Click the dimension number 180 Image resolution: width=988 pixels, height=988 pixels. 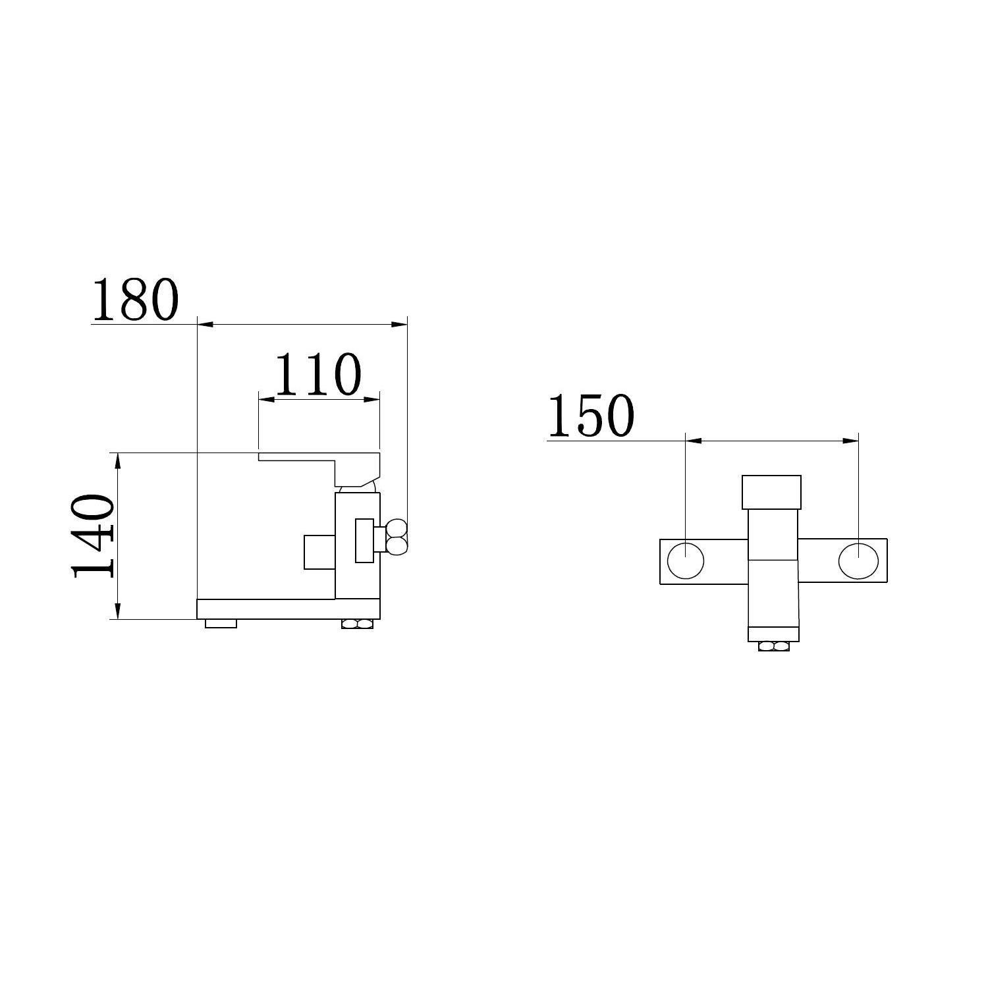coord(135,300)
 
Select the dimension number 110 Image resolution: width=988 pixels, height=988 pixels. coord(317,373)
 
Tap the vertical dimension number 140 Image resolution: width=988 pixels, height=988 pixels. coord(93,537)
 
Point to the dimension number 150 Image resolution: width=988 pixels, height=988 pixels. coord(591,416)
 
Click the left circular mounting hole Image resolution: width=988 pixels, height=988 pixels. coord(686,561)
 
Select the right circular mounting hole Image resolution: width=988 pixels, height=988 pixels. coord(858,561)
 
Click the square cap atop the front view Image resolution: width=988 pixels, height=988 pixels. coord(771,492)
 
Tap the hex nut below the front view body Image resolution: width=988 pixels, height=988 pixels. coord(773,646)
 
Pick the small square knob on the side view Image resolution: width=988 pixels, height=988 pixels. coord(319,552)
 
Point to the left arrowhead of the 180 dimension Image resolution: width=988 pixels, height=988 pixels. coord(205,324)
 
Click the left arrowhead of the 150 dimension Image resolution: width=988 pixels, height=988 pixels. coord(694,441)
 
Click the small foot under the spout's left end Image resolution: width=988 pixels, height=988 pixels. coord(221,623)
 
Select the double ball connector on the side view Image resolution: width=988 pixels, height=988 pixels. coord(397,535)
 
